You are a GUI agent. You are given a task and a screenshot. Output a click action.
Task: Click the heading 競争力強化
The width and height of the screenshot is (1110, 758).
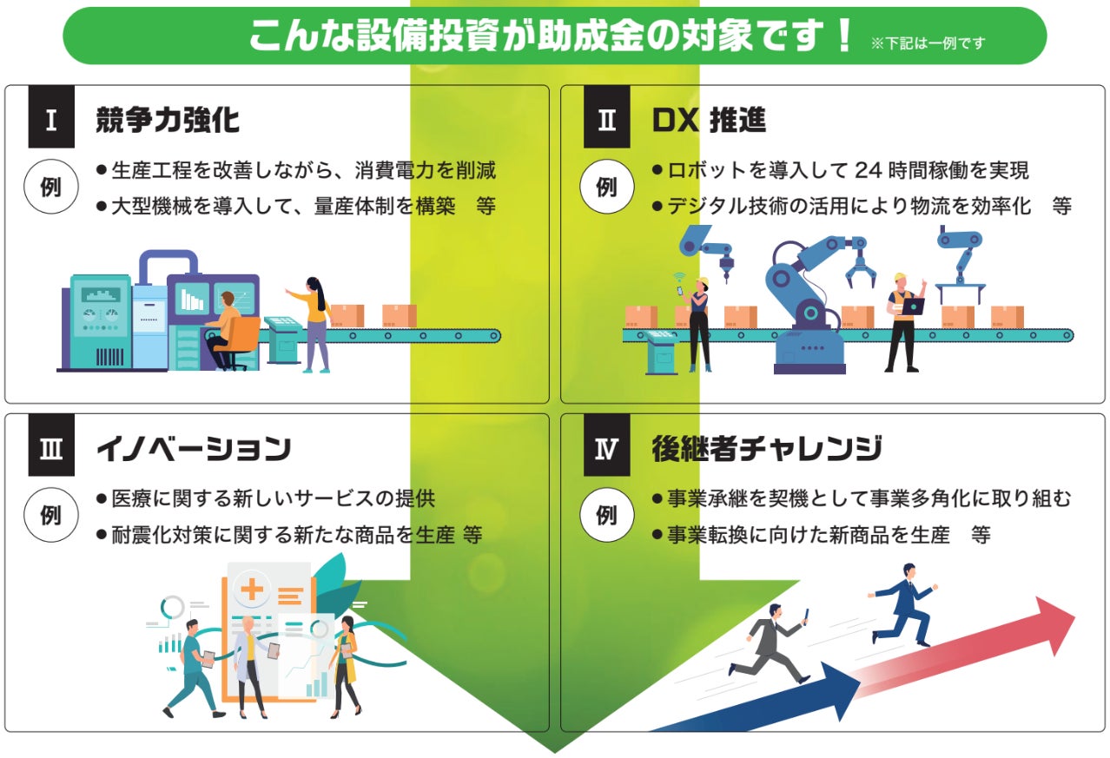pos(168,120)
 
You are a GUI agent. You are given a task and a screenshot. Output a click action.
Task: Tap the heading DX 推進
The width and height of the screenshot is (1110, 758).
pos(709,120)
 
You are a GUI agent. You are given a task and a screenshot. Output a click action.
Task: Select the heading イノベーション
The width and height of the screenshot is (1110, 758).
pos(193,449)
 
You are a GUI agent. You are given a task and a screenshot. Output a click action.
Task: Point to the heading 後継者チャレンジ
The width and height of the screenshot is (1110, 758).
pos(767,449)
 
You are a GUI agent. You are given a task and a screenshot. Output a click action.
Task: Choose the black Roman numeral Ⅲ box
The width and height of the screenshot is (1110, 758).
pos(51,448)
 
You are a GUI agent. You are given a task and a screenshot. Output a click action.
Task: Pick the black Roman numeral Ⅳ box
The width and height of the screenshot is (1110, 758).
pos(606,448)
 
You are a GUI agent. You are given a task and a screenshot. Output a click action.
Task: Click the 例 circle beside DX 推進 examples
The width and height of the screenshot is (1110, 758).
pos(606,187)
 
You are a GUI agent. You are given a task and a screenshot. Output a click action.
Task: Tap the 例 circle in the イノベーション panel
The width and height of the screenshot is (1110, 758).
pos(51,515)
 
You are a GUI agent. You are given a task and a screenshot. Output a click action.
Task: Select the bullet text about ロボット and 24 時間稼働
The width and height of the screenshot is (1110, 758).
pos(847,170)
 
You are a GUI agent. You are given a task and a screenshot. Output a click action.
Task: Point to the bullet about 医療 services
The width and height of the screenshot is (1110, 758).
pos(273,499)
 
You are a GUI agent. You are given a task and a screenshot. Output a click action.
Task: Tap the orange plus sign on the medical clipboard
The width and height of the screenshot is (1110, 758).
pos(252,590)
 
